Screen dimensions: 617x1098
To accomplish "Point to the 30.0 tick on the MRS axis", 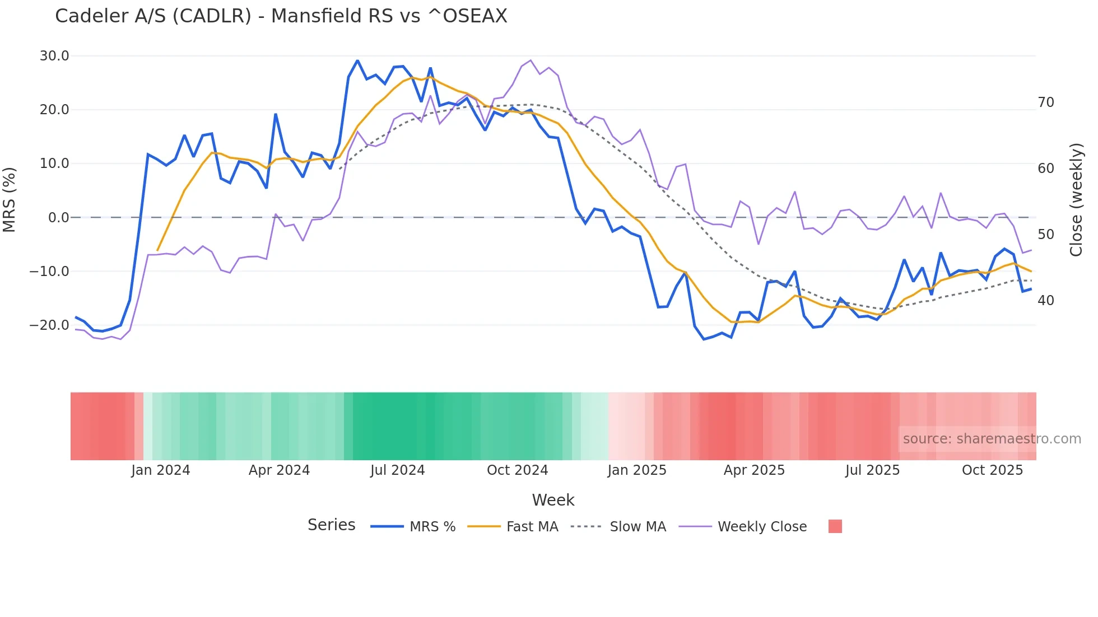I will [54, 56].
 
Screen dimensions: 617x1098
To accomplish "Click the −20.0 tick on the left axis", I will [49, 325].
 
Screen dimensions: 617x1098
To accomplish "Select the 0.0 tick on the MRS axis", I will [58, 218].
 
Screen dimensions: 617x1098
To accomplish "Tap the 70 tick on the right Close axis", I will [1045, 102].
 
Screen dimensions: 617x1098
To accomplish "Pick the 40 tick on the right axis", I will [1045, 301].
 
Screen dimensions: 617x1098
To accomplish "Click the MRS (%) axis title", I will [10, 200].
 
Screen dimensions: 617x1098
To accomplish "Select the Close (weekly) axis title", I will [1076, 200].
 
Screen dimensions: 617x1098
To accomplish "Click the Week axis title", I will [553, 500].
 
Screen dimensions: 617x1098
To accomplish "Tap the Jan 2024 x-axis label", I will [161, 470].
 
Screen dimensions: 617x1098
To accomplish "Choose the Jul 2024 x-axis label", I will [398, 470].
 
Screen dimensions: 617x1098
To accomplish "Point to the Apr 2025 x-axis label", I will [754, 470].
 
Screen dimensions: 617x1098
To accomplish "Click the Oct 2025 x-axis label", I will [992, 470].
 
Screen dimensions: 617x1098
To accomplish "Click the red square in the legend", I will [835, 526].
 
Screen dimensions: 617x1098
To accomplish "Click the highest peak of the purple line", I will [531, 60].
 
